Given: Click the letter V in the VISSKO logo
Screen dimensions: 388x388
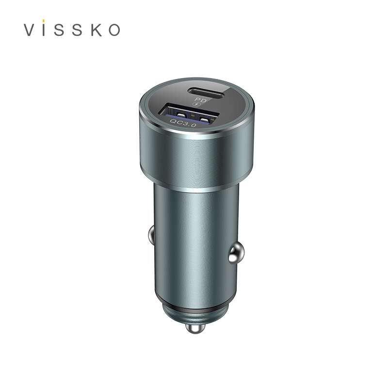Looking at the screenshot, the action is coord(30,30).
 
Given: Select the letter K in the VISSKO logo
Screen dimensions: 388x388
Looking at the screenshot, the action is coord(97,30).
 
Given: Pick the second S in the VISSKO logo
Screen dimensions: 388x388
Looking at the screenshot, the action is coord(78,30).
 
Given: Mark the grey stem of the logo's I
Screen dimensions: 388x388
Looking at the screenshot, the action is coord(43,30).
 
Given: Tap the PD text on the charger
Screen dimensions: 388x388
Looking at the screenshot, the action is coord(201,100).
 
